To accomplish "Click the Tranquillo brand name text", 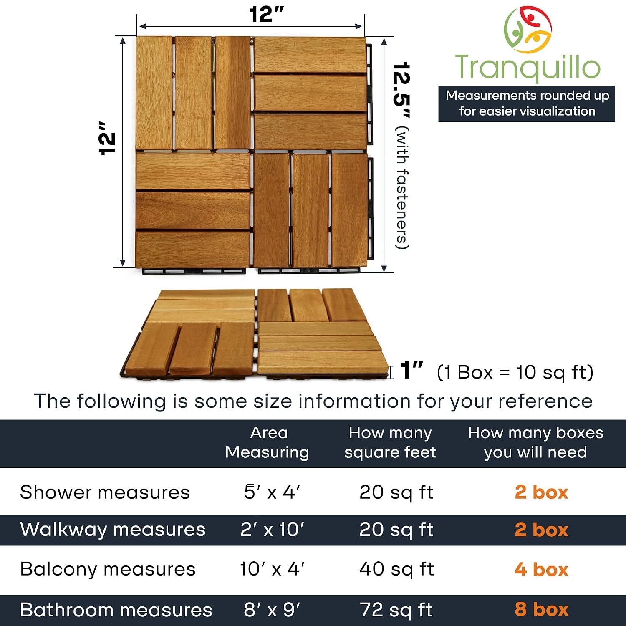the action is point(528,67).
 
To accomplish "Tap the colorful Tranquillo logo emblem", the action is point(528,29).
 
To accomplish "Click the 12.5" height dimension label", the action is point(401,91).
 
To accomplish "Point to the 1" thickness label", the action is point(412,370).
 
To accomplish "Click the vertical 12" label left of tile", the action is point(107,139).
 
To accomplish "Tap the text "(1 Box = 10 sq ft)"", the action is point(515,372).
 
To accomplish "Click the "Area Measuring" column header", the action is point(268,442).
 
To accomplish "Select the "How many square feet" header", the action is point(390,442).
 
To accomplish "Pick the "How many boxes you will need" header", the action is point(536,442).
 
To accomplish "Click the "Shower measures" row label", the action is point(105,492).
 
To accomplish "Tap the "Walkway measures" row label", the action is point(113,530).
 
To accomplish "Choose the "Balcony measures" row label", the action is point(108,569).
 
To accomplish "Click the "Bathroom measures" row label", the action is point(116,610).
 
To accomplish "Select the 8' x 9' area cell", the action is point(272,610).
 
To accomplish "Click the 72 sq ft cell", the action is point(396,610).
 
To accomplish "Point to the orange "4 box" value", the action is point(541,569).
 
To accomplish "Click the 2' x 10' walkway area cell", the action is point(272,530).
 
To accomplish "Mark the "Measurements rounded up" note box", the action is point(527,103).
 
